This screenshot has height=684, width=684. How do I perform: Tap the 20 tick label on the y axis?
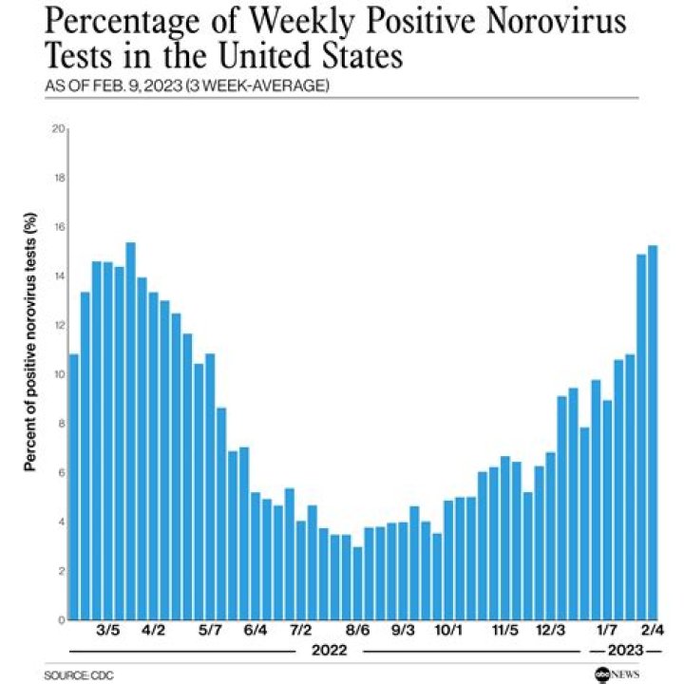58,129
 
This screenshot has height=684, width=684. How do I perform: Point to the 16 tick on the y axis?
58,227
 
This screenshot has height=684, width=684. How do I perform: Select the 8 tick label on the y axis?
60,424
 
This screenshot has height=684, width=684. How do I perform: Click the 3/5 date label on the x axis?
108,630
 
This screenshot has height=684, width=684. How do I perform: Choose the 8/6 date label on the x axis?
357,630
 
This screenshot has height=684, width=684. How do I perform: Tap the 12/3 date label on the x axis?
550,630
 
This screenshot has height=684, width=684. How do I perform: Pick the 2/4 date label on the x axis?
652,630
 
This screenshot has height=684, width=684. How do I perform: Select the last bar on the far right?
653,432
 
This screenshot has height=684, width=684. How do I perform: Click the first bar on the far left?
74,486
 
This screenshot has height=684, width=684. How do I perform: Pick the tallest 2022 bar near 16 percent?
131,431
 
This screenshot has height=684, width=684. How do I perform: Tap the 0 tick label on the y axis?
60,619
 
